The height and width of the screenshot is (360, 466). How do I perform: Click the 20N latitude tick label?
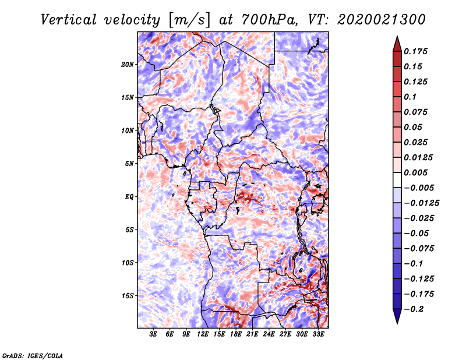click(128, 64)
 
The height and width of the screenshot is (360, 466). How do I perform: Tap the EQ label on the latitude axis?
click(129, 197)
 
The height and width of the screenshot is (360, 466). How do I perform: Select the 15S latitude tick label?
click(128, 296)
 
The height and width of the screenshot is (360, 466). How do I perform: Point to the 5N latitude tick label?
click(129, 164)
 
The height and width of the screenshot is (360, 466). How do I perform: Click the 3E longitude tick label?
click(153, 335)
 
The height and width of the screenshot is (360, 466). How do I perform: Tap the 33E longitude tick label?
click(319, 335)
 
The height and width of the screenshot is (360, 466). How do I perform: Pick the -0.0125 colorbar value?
click(422, 203)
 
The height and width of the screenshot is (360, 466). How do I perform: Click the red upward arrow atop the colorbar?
click(397, 42)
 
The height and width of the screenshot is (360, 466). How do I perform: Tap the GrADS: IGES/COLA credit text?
click(33, 355)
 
